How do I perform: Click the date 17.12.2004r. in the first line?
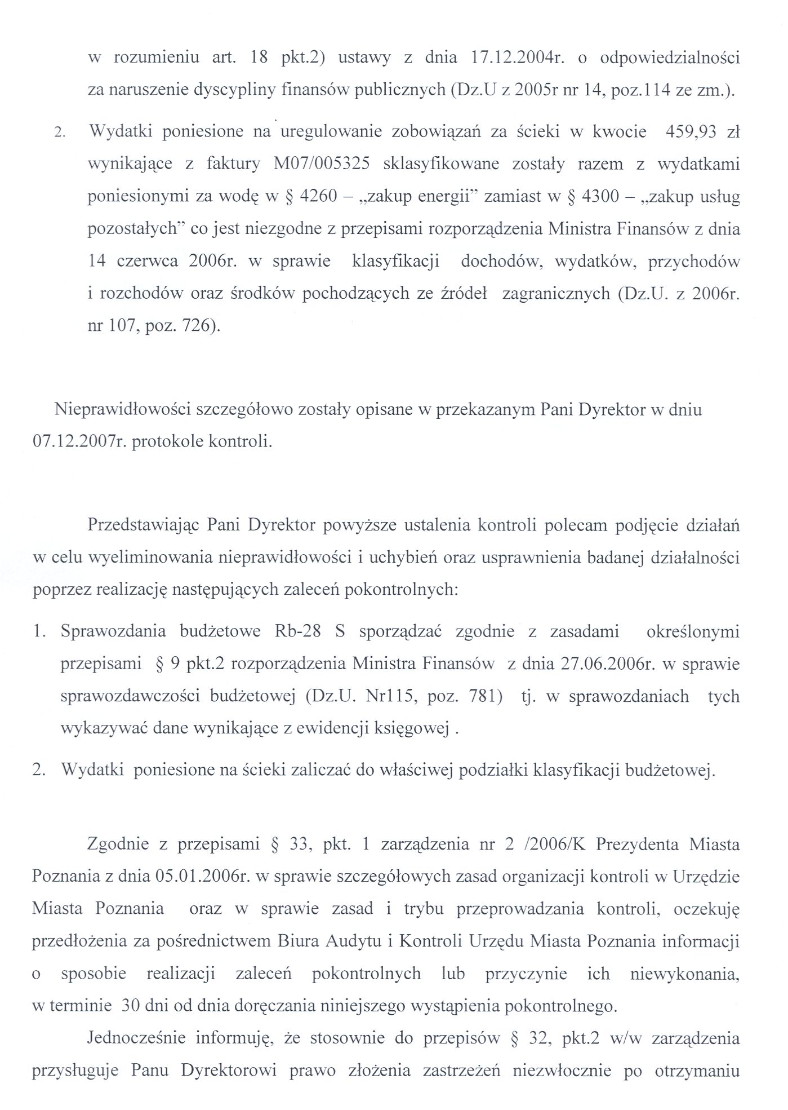(x=517, y=59)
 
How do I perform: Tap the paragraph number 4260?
(x=318, y=197)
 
